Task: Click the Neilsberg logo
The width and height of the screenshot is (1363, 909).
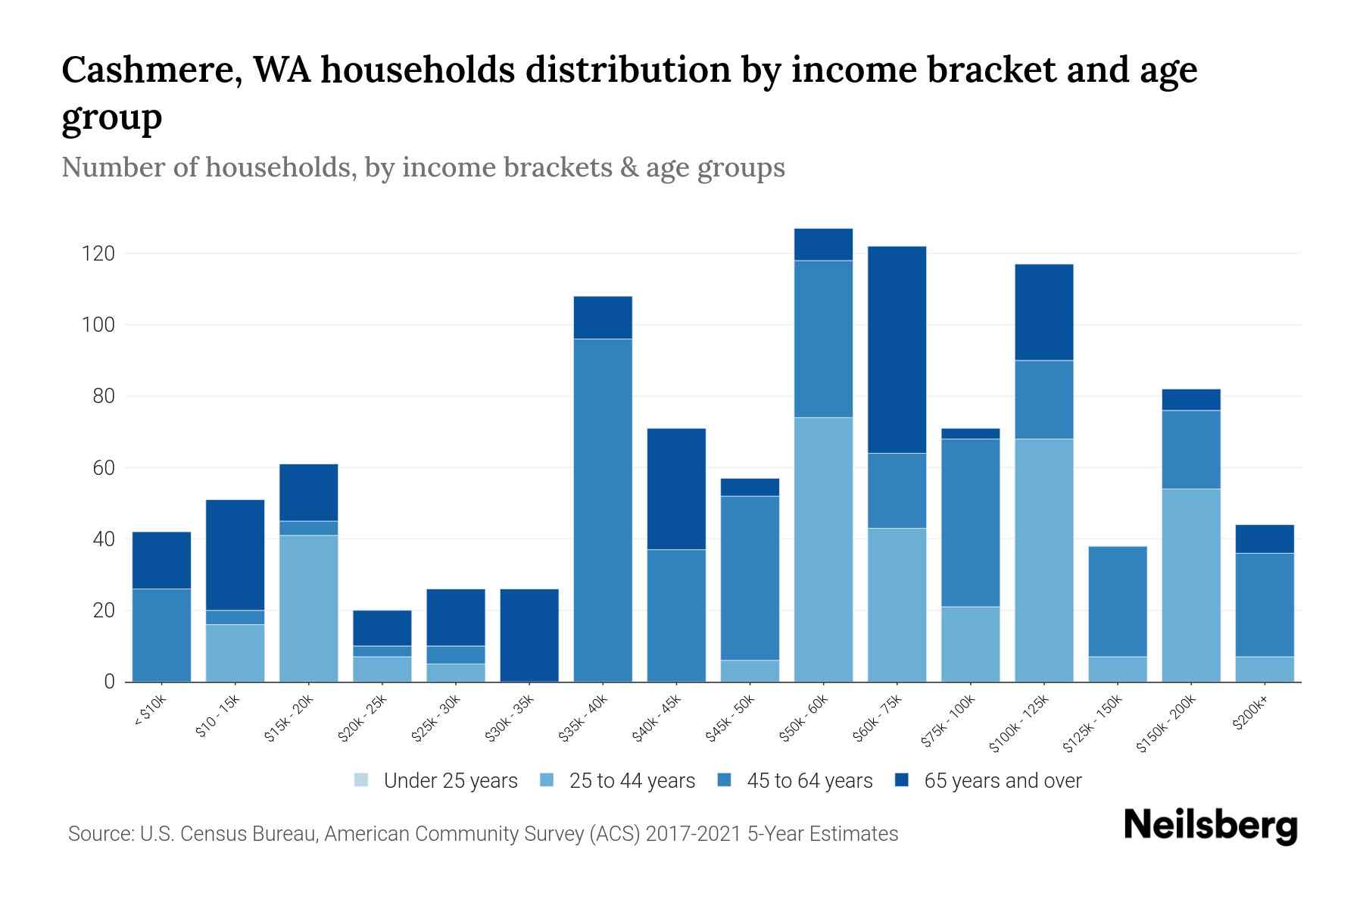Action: tap(1210, 825)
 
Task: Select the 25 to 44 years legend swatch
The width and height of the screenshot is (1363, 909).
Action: tap(547, 779)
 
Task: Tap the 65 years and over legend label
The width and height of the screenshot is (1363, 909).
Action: tap(1003, 781)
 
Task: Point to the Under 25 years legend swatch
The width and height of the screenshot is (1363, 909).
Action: tap(361, 779)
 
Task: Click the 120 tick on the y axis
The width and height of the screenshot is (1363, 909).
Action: tap(98, 254)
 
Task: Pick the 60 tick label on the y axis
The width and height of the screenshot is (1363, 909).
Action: tap(104, 468)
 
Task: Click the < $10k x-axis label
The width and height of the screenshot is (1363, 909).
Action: tap(150, 711)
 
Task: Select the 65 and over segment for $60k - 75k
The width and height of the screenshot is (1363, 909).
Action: tap(897, 349)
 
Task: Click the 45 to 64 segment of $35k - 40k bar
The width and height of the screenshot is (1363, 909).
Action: tap(603, 510)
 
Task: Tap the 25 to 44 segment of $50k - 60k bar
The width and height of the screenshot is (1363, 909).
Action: tap(823, 549)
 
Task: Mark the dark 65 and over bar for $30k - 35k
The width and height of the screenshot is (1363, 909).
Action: tap(529, 635)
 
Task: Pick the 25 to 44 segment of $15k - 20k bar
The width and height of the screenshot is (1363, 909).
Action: tap(308, 608)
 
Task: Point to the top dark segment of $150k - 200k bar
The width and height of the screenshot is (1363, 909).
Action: tap(1191, 399)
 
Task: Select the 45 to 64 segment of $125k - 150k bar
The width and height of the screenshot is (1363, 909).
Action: tap(1118, 601)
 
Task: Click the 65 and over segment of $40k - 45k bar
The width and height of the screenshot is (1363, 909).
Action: tap(676, 489)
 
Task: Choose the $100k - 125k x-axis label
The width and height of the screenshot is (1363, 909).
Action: tap(1019, 723)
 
